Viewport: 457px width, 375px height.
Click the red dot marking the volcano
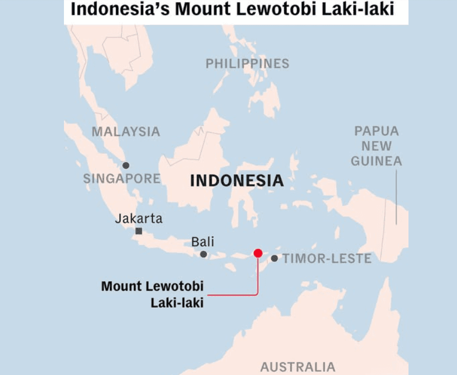257,253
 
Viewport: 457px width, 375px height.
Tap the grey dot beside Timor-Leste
275,258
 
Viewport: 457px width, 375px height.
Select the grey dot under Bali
203,254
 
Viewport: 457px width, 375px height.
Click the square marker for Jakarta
139,231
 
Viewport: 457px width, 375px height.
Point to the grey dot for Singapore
126,165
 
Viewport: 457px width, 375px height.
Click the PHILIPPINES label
247,63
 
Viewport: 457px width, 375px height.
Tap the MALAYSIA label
126,132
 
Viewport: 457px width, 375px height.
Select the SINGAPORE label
122,179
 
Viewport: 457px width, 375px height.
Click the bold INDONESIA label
236,180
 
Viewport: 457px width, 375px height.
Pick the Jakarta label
139,218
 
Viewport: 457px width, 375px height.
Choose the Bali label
202,242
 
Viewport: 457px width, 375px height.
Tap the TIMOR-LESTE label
327,258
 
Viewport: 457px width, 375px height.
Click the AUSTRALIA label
298,367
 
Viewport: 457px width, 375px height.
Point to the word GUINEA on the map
377,161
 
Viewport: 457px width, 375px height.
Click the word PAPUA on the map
377,131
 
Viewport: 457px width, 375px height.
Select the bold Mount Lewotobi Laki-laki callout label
153,294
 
